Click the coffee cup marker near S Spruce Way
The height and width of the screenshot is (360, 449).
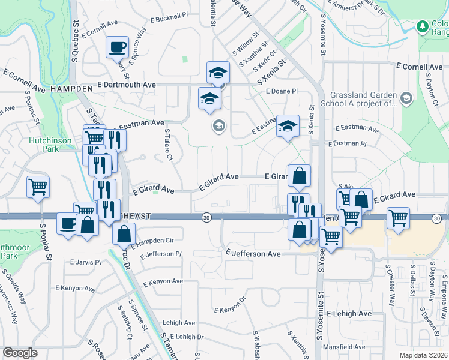tap(117, 47)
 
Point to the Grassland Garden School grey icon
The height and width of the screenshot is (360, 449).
tap(406, 98)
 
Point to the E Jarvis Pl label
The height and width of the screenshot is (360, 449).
tap(85, 262)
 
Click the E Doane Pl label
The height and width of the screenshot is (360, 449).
tap(282, 91)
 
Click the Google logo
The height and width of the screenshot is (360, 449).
tap(20, 353)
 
